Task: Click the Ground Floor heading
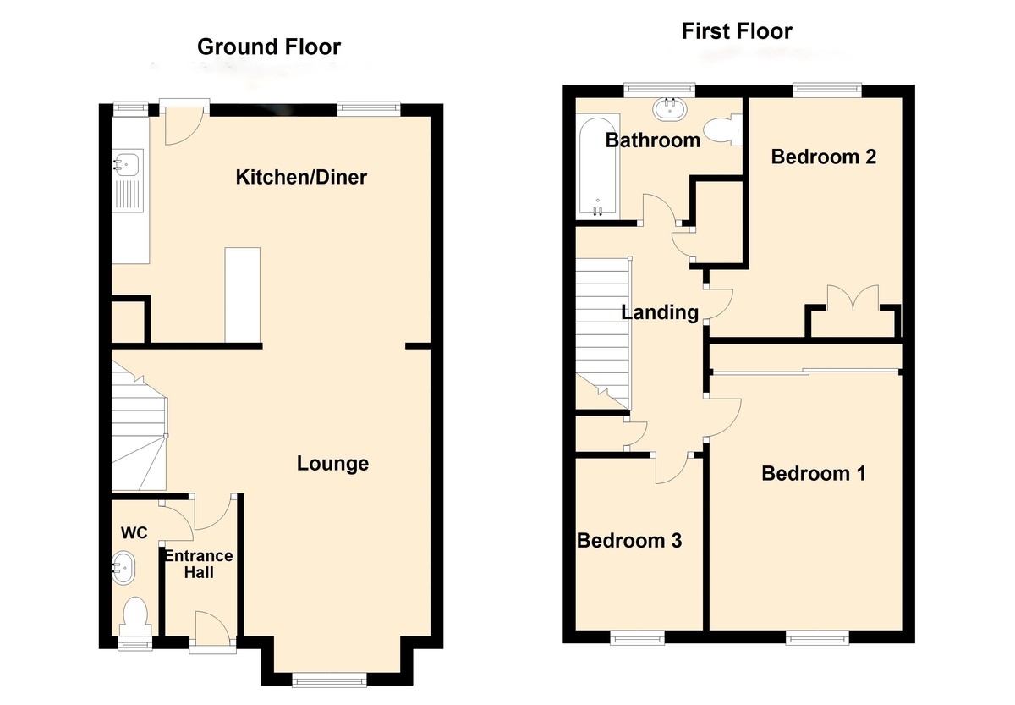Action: [x=269, y=47]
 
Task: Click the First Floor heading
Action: [x=737, y=31]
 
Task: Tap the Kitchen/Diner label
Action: [x=301, y=177]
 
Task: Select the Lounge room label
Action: [x=332, y=463]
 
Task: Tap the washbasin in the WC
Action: [x=123, y=567]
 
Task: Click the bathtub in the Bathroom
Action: [x=598, y=166]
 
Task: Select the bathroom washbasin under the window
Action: [x=670, y=109]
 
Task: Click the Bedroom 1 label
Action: [x=814, y=473]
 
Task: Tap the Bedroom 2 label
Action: [x=823, y=157]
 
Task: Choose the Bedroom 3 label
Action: [x=629, y=541]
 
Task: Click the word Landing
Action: [x=660, y=312]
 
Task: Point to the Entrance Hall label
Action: [x=199, y=565]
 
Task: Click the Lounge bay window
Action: [x=329, y=680]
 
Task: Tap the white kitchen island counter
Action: [x=243, y=295]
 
